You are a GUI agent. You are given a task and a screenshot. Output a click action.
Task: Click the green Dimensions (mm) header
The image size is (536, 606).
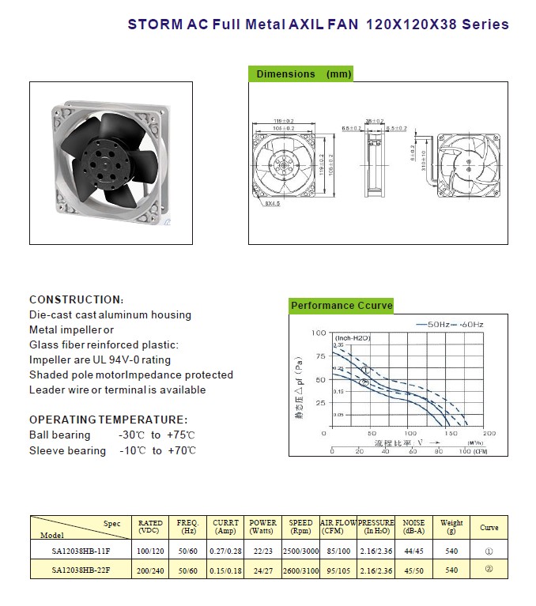(x=300, y=74)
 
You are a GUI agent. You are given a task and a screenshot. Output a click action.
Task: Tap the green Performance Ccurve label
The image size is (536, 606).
(x=342, y=306)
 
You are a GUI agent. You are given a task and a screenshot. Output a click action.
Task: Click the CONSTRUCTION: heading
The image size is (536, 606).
(x=76, y=299)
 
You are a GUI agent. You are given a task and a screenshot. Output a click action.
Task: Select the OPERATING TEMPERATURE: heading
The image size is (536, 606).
(x=108, y=420)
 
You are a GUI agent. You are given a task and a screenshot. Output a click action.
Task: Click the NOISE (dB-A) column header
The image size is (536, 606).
(x=413, y=527)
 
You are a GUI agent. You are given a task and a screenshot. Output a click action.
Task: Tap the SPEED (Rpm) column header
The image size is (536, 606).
(x=300, y=527)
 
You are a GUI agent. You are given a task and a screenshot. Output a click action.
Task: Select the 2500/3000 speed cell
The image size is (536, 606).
(x=300, y=548)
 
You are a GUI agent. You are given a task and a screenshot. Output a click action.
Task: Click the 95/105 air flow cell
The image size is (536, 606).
(x=338, y=570)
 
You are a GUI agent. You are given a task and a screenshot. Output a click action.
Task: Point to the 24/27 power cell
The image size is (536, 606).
(x=263, y=570)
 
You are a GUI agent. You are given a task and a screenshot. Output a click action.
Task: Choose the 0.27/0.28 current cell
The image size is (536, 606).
(x=226, y=548)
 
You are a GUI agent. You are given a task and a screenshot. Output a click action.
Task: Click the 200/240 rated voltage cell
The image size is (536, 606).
(x=150, y=570)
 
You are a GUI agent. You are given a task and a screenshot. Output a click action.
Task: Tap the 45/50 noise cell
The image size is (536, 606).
(x=413, y=570)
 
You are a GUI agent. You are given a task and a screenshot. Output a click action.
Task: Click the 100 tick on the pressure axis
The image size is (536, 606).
(x=319, y=333)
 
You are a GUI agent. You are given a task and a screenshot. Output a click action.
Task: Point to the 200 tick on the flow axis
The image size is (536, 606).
(x=489, y=433)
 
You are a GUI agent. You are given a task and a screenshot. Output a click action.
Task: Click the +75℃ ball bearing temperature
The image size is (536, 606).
(x=181, y=435)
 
